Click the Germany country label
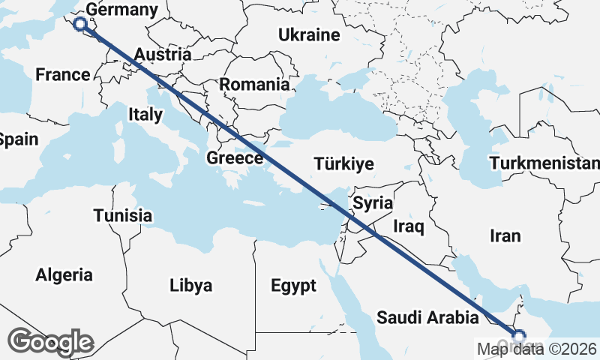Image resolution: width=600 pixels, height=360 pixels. click(x=122, y=10)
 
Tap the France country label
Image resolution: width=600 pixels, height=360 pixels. click(x=63, y=74)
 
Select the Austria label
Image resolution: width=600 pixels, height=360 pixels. click(x=163, y=55)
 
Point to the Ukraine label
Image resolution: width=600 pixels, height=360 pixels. click(x=309, y=34)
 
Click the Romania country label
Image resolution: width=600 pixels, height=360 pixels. click(x=254, y=85)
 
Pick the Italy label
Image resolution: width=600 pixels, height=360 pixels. click(x=145, y=115)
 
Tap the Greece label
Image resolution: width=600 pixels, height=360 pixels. click(x=235, y=158)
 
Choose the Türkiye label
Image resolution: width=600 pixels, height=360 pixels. click(x=343, y=163)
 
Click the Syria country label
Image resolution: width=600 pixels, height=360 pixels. click(x=373, y=202)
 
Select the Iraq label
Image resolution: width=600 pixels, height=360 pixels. click(x=409, y=226)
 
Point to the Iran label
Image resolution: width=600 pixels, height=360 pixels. click(x=505, y=235)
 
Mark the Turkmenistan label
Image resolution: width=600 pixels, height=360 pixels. click(x=544, y=163)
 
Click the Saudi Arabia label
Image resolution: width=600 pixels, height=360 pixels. click(x=427, y=318)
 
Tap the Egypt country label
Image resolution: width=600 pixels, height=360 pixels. click(x=293, y=286)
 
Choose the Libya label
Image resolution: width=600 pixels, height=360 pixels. click(x=190, y=286)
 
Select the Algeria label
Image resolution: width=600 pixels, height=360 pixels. click(x=64, y=275)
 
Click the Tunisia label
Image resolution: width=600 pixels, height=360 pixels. click(x=123, y=216)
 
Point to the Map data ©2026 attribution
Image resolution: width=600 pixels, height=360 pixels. click(x=537, y=349)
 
